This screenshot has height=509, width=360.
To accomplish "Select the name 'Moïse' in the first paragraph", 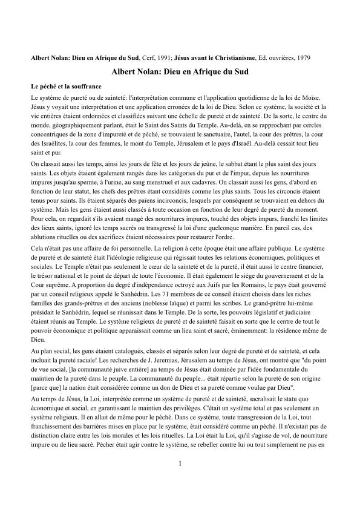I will click(315, 97).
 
